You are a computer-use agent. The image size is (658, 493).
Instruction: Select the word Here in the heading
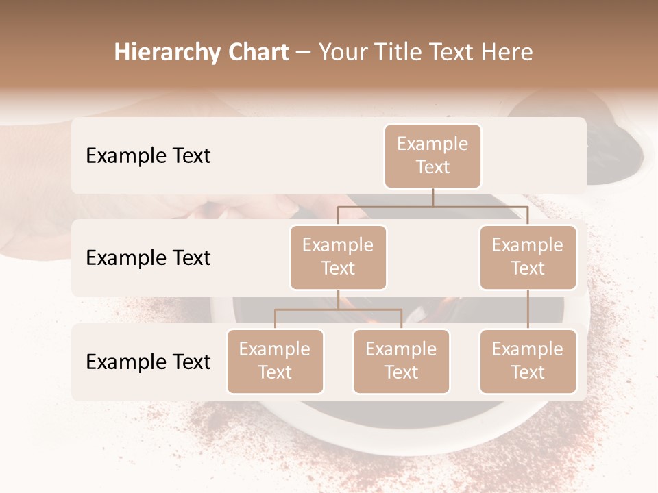508,52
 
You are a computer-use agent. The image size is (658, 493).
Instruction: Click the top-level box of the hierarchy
432,155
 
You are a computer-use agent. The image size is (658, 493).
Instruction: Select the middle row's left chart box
338,257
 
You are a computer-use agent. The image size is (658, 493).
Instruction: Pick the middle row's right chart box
528,257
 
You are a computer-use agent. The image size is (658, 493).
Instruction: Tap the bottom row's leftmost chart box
275,361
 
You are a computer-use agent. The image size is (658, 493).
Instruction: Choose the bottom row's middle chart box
401,361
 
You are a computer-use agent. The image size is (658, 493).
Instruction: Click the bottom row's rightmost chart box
528,361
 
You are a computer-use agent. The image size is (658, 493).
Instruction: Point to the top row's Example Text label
148,156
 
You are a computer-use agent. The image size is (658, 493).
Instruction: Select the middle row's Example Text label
148,258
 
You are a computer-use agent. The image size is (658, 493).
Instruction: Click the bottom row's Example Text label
148,362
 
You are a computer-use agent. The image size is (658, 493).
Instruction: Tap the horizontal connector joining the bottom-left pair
338,310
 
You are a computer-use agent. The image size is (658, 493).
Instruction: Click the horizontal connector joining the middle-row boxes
432,206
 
